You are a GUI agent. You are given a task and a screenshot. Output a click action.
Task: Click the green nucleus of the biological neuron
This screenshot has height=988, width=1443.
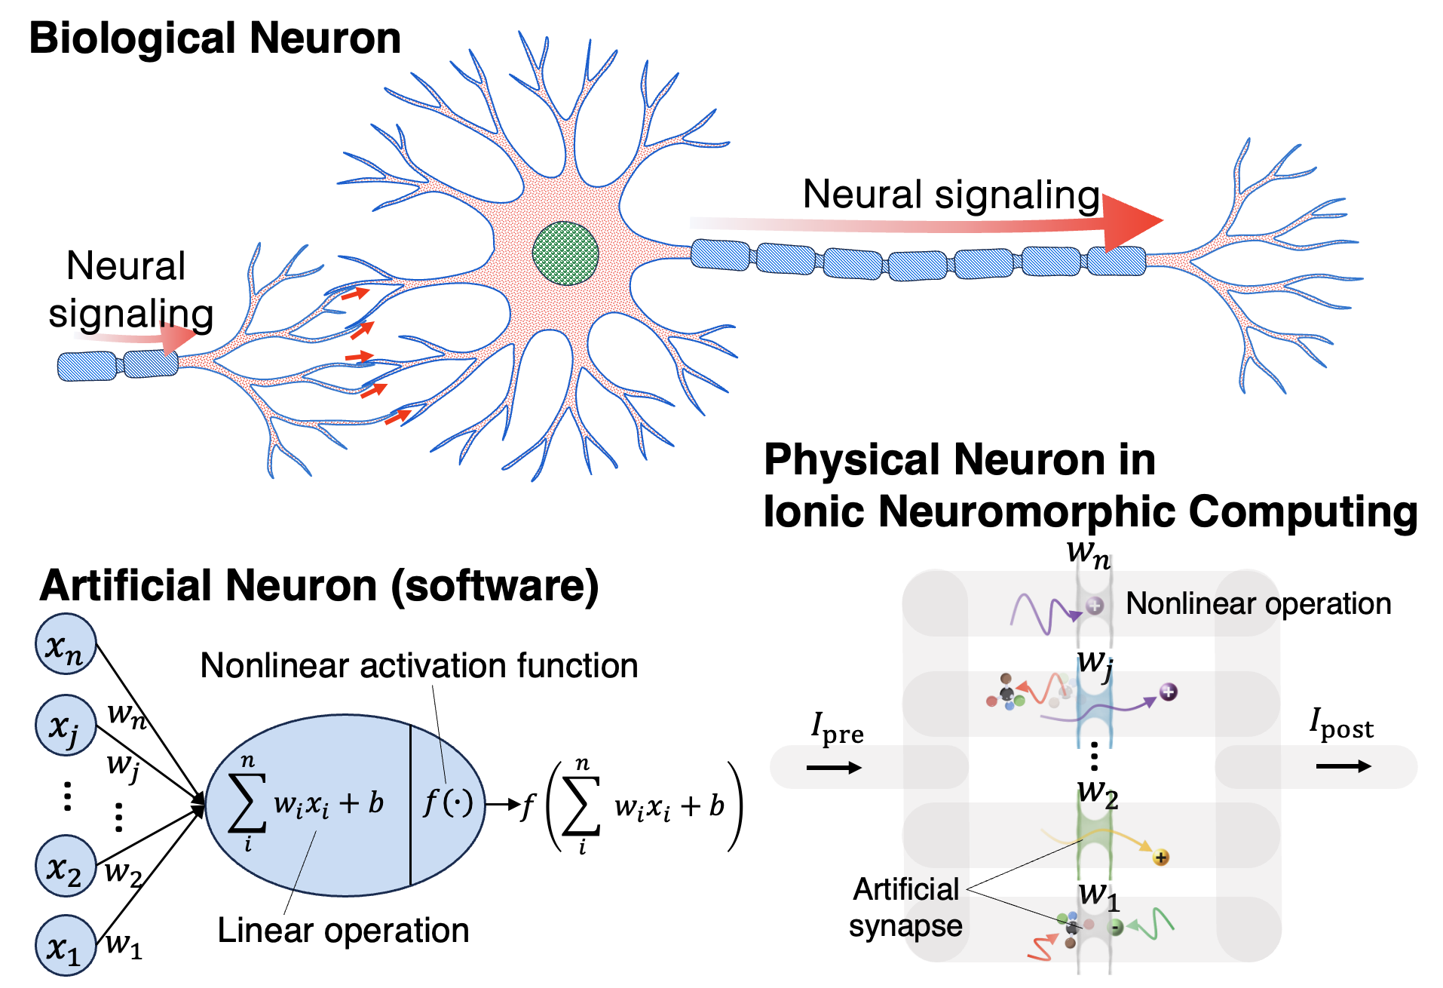pyautogui.click(x=565, y=253)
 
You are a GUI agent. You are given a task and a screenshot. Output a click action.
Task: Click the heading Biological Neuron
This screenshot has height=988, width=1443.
pyautogui.click(x=215, y=38)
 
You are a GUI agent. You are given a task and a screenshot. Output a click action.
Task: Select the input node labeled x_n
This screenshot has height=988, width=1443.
pyautogui.click(x=66, y=646)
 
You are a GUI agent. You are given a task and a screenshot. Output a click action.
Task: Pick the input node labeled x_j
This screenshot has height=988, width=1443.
pyautogui.click(x=66, y=726)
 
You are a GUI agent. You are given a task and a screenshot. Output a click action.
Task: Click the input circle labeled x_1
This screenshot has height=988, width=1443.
pyautogui.click(x=66, y=946)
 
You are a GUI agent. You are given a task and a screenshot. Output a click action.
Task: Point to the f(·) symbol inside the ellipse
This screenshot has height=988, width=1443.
pyautogui.click(x=448, y=802)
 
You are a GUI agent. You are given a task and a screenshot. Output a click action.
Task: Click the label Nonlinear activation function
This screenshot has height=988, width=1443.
pyautogui.click(x=419, y=666)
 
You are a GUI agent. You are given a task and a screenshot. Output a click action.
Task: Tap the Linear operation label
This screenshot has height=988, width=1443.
pyautogui.click(x=343, y=931)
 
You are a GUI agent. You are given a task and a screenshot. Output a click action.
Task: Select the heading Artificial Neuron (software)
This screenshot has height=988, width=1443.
pyautogui.click(x=319, y=586)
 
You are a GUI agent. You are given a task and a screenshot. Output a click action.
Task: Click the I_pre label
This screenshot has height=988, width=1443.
pyautogui.click(x=837, y=729)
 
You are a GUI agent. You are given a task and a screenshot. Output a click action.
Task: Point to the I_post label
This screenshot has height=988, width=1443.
pyautogui.click(x=1341, y=724)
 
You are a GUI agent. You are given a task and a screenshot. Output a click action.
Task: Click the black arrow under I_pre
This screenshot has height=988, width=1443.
pyautogui.click(x=834, y=768)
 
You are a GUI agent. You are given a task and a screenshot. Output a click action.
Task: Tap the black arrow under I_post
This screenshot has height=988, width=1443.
pyautogui.click(x=1343, y=766)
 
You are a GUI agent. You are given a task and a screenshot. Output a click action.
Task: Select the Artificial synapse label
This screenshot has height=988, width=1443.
pyautogui.click(x=905, y=907)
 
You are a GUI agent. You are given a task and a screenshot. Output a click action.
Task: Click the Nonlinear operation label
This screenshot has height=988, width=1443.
pyautogui.click(x=1258, y=604)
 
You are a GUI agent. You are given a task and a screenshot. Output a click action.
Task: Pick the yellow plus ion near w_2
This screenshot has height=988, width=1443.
pyautogui.click(x=1161, y=858)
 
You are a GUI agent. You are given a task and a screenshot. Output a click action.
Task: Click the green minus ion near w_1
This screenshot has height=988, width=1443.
pyautogui.click(x=1117, y=927)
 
